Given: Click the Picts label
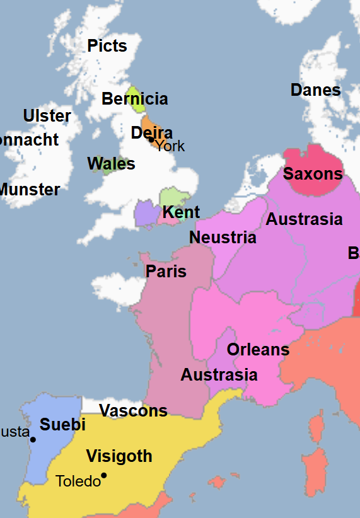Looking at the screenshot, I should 107,46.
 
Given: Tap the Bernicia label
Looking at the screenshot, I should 135,99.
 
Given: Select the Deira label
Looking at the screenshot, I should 151,133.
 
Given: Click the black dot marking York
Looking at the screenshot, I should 151,140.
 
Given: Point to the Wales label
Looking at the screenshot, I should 111,164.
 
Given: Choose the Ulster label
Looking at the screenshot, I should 47,116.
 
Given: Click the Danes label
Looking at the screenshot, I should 315,90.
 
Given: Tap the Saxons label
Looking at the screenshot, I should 313,174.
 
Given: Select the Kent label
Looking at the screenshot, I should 181,212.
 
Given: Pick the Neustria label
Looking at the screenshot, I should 223,238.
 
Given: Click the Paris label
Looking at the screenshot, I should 166,271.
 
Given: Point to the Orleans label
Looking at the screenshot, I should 258,349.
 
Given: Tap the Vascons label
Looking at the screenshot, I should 133,411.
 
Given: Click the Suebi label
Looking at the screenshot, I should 62,424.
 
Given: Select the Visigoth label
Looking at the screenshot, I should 119,456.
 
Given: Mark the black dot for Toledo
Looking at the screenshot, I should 103,475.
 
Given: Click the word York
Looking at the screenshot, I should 171,146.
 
